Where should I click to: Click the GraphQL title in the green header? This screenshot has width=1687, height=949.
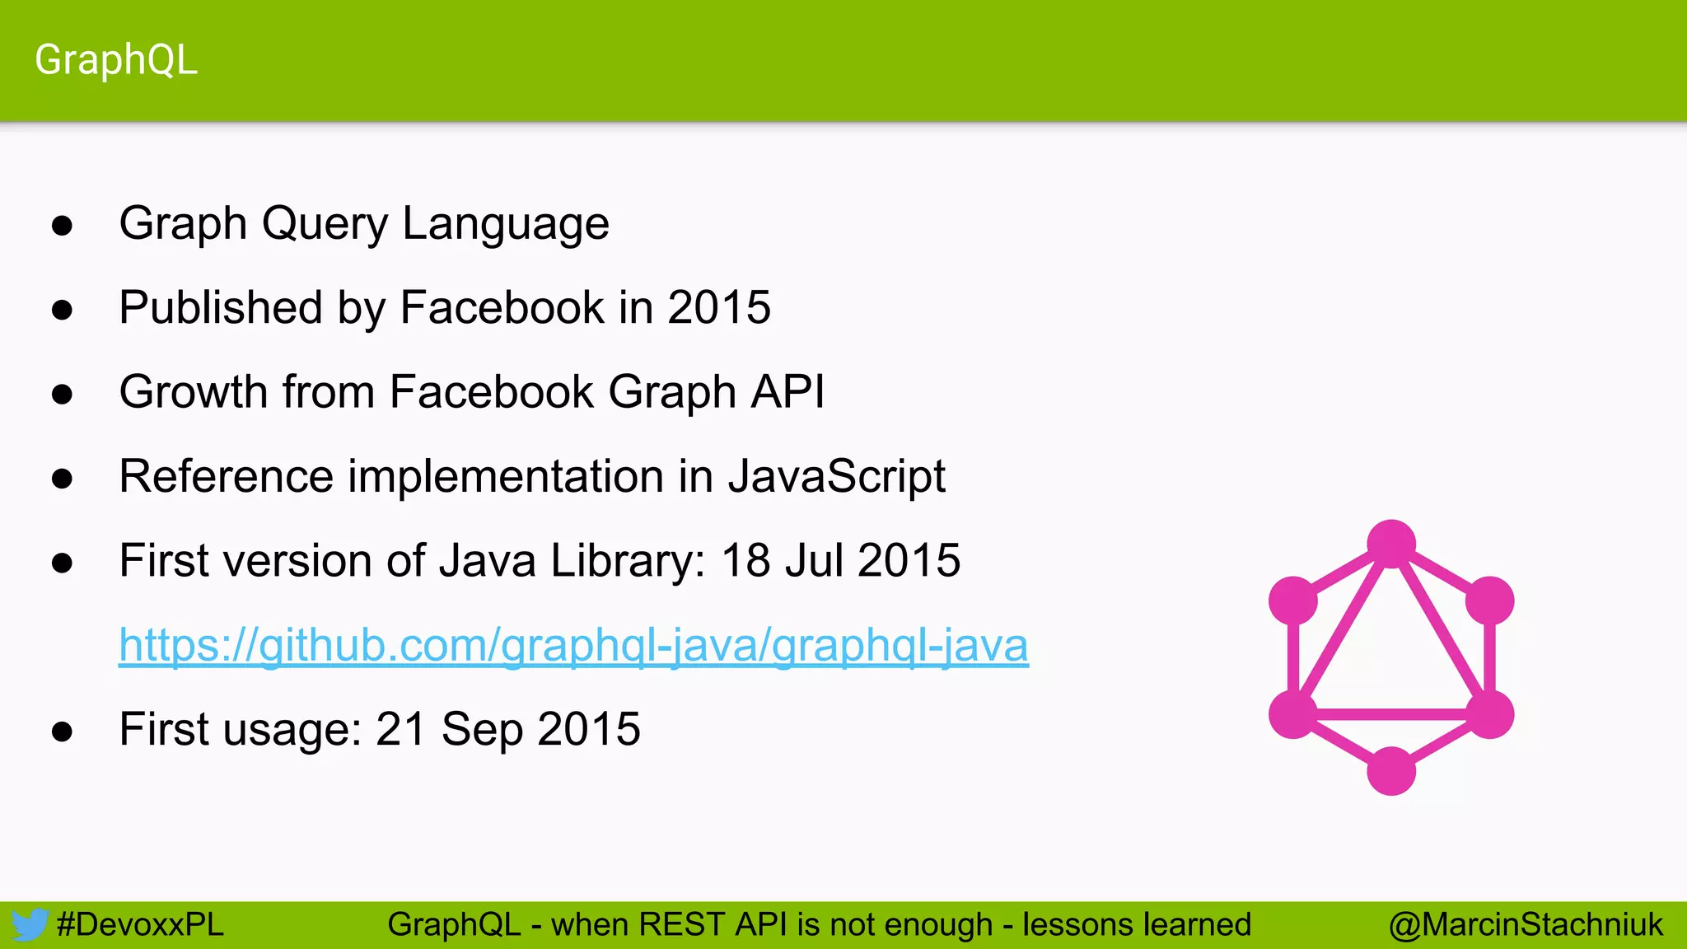coord(116,60)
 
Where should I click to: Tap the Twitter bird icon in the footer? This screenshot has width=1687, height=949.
coord(29,925)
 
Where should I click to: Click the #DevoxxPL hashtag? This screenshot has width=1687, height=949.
coord(140,925)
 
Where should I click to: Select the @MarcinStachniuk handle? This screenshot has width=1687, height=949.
coord(1526,925)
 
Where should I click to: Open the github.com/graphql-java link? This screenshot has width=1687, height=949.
coord(573,645)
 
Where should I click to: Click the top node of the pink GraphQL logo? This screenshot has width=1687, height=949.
coord(1391,544)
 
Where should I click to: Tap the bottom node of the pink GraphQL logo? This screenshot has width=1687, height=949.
coord(1391,771)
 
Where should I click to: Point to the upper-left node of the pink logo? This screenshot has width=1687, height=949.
coord(1293,601)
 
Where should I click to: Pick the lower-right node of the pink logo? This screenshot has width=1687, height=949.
coord(1489,714)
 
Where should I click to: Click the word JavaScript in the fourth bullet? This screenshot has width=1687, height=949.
coord(837,476)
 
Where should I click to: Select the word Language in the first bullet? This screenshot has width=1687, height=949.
coord(506,224)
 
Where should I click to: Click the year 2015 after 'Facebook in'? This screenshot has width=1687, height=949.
coord(719,308)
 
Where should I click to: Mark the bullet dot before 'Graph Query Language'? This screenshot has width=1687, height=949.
coord(62,226)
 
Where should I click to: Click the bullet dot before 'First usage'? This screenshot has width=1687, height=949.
coord(62,732)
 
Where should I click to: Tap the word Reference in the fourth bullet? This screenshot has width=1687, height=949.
coord(227,476)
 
